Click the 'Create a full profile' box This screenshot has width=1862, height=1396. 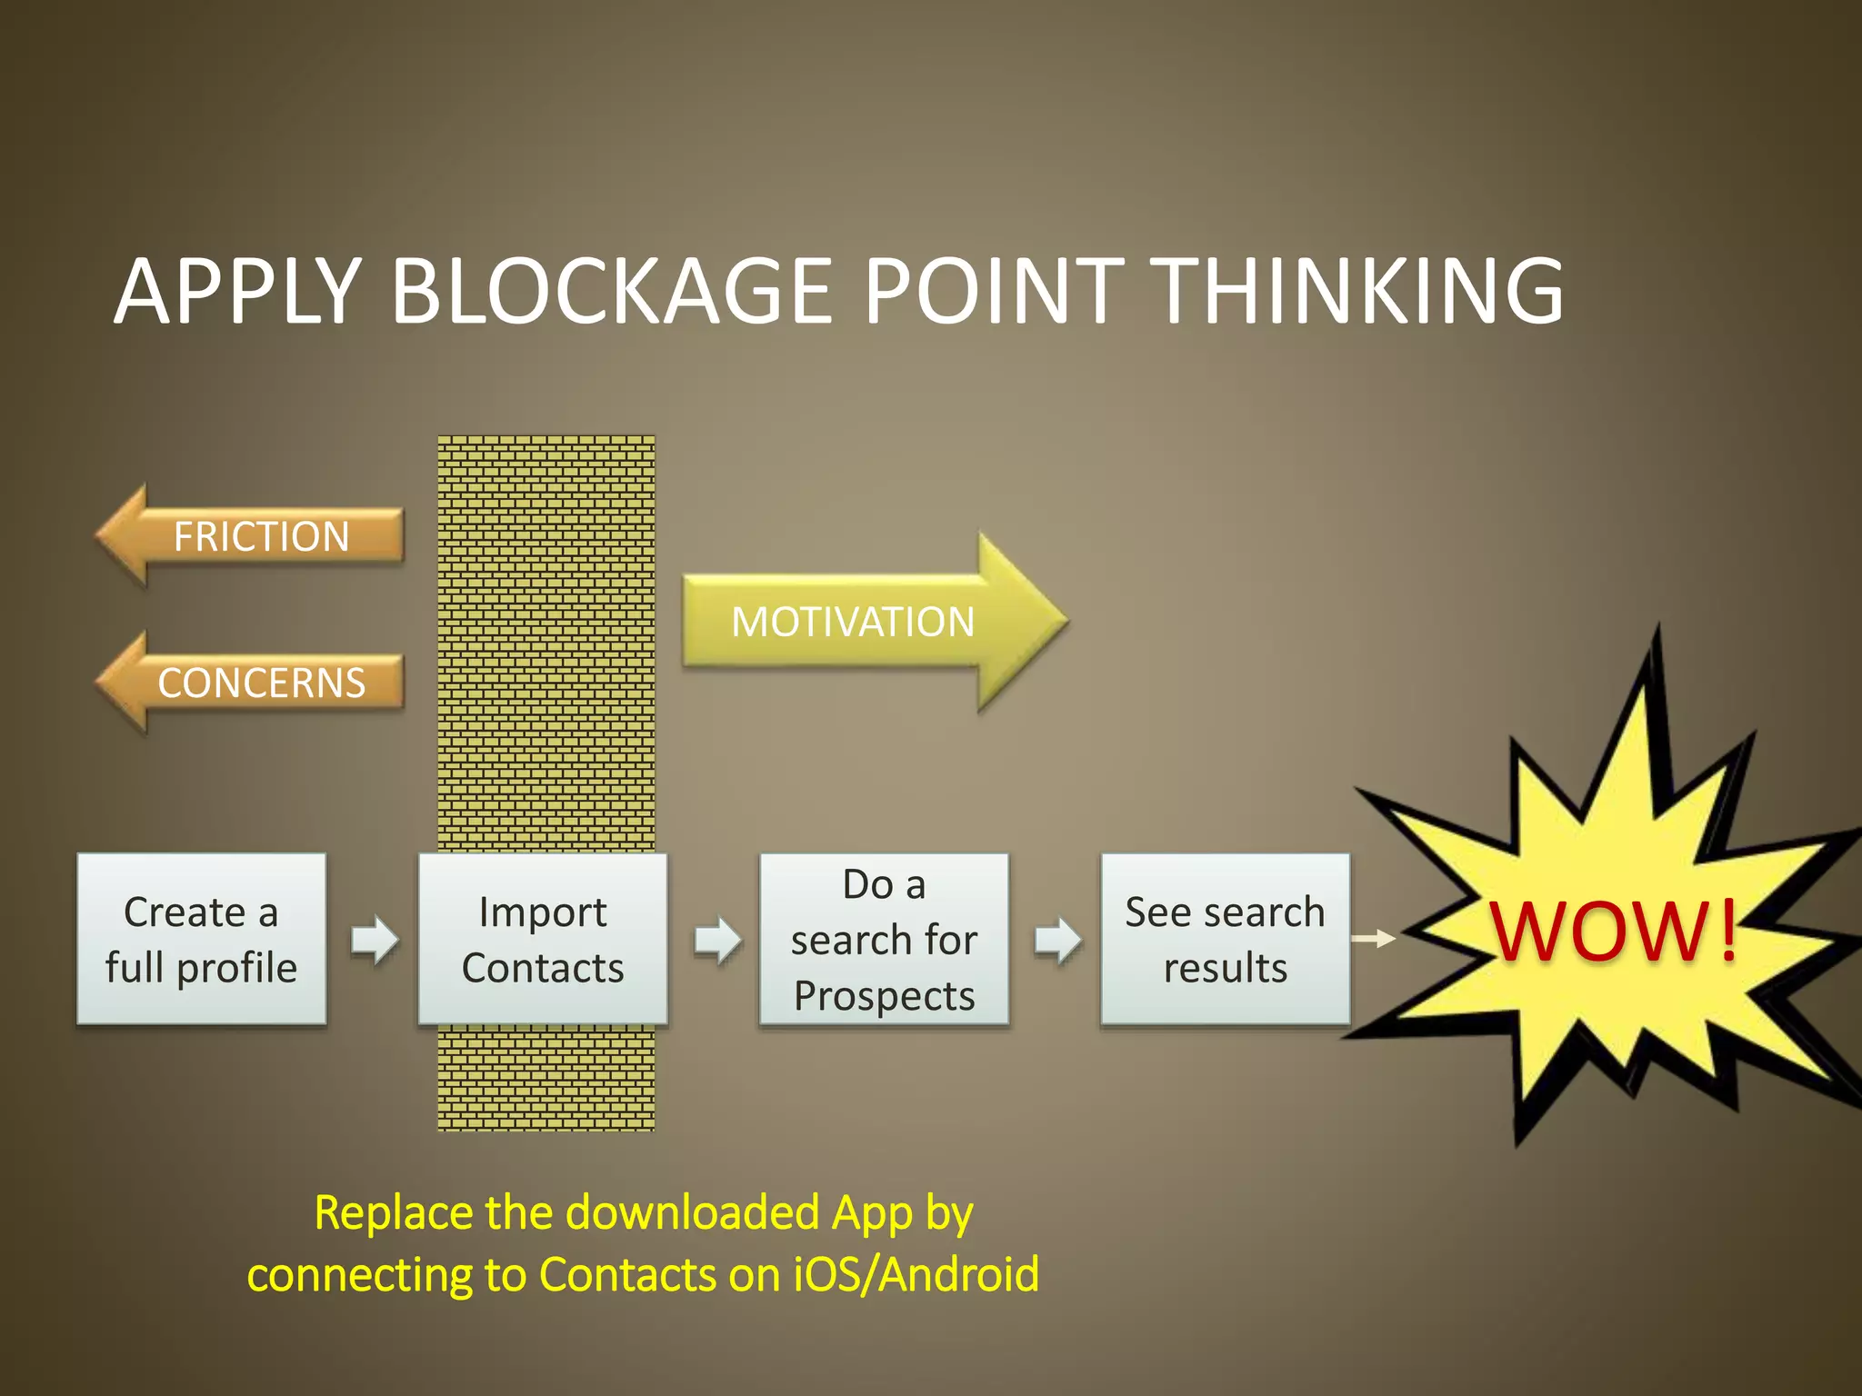[x=201, y=939]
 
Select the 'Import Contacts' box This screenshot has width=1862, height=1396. [x=543, y=939]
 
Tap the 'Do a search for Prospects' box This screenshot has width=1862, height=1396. [x=884, y=939]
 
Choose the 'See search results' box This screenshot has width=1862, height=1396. [x=1225, y=939]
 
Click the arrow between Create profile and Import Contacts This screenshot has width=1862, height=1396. [x=375, y=939]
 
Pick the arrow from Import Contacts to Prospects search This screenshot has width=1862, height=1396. [x=717, y=939]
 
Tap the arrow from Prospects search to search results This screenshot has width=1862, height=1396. [x=1057, y=939]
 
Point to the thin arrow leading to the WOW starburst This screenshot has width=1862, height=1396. [x=1374, y=938]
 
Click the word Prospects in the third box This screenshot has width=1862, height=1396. [x=884, y=996]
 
